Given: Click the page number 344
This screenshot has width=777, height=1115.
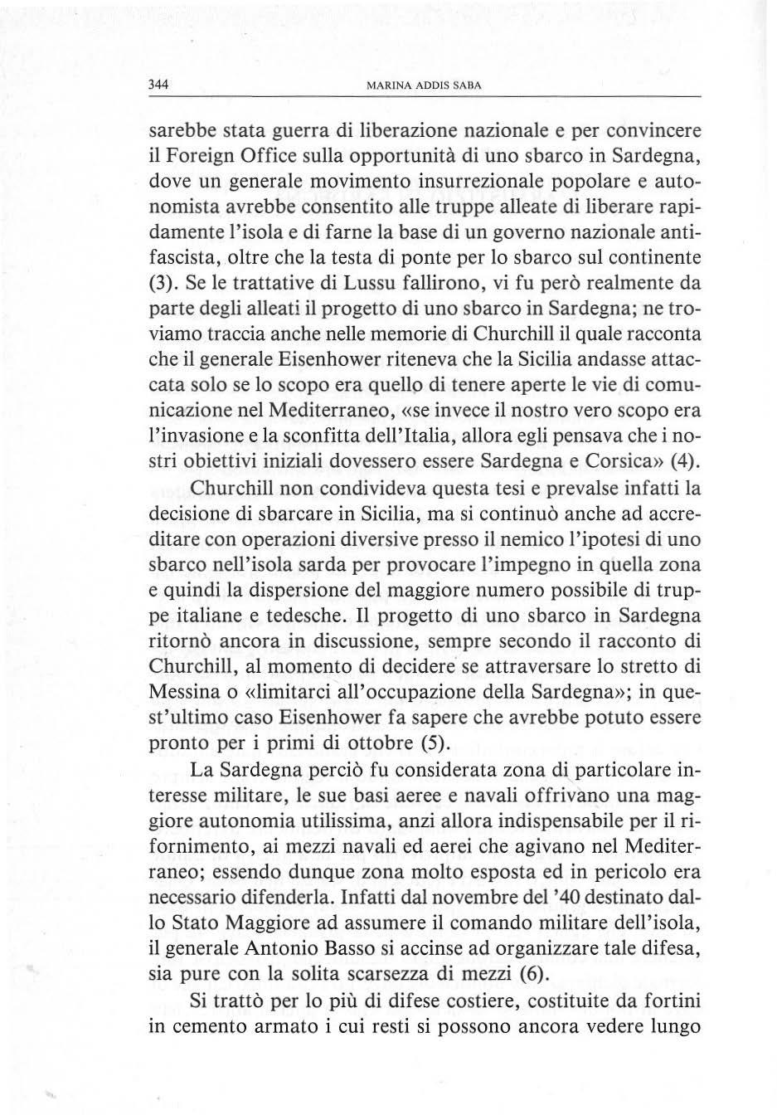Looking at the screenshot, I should (158, 85).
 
